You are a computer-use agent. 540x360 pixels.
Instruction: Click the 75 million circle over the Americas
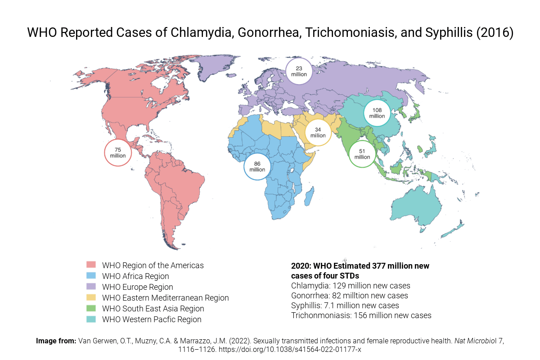[x=118, y=153]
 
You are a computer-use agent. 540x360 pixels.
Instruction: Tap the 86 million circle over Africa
[x=257, y=166]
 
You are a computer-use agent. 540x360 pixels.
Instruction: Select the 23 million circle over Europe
[x=299, y=71]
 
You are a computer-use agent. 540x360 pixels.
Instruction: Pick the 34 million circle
[x=318, y=132]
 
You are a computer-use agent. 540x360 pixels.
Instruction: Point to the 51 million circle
[x=362, y=154]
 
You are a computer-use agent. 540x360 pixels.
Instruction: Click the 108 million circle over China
[x=377, y=113]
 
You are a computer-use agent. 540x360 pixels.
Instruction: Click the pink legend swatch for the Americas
[x=91, y=265]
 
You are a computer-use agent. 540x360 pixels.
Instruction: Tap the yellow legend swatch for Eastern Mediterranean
[x=91, y=297]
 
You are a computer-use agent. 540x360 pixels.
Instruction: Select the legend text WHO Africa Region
[x=135, y=276]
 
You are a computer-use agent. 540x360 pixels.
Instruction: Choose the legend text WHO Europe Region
[x=137, y=287]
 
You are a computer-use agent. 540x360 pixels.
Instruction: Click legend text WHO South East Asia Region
[x=153, y=309]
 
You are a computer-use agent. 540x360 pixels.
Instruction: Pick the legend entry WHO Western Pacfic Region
[x=152, y=319]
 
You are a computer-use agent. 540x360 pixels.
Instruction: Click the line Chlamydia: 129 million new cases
[x=351, y=286]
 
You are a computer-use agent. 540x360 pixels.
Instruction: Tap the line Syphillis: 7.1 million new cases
[x=345, y=306]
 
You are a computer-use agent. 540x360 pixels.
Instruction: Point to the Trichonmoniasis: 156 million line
[x=361, y=315]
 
